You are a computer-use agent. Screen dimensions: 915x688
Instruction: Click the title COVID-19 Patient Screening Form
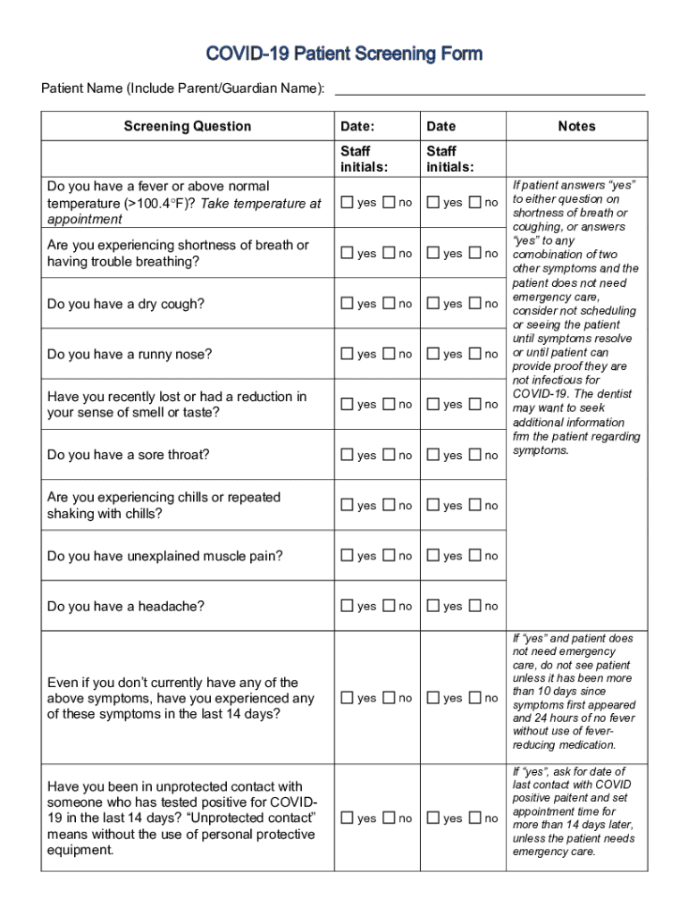tap(344, 55)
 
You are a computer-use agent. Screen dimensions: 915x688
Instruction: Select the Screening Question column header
tap(188, 126)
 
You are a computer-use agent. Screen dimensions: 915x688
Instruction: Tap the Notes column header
tap(576, 126)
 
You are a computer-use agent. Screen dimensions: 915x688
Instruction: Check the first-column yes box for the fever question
tap(347, 203)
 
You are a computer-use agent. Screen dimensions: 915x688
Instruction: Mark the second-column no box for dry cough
tap(474, 304)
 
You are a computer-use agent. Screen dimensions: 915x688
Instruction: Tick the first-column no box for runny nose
tap(389, 354)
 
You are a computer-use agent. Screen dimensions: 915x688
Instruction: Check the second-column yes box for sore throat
tap(432, 455)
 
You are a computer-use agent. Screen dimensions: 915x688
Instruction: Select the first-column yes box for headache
tap(347, 606)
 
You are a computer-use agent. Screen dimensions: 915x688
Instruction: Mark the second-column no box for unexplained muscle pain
tap(474, 556)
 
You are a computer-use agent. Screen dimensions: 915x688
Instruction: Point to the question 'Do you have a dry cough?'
tap(126, 304)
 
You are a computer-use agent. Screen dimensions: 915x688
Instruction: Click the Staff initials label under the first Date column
tap(364, 159)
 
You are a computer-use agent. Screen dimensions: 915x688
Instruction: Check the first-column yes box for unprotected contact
tap(347, 818)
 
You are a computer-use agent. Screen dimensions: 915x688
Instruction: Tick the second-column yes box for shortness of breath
tap(432, 254)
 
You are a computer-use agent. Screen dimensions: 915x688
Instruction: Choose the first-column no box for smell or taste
tap(389, 404)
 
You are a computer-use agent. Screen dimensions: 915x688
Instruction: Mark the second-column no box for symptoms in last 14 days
tap(474, 698)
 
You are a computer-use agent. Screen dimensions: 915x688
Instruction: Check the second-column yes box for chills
tap(432, 506)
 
